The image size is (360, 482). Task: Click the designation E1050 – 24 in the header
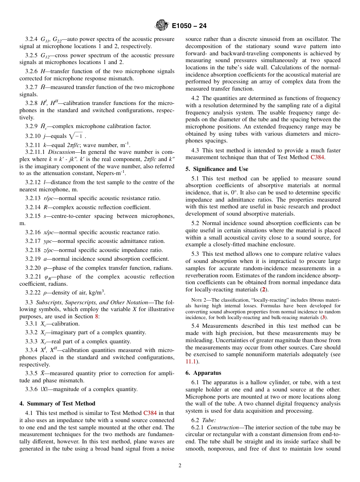click(189, 26)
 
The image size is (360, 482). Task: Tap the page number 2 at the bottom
click(180, 466)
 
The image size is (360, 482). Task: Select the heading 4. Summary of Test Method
click(57, 404)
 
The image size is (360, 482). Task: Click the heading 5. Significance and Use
click(217, 169)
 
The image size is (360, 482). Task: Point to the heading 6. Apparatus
click(203, 373)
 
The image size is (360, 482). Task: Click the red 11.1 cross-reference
click(191, 361)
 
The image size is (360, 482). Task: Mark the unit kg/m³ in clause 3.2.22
click(95, 292)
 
